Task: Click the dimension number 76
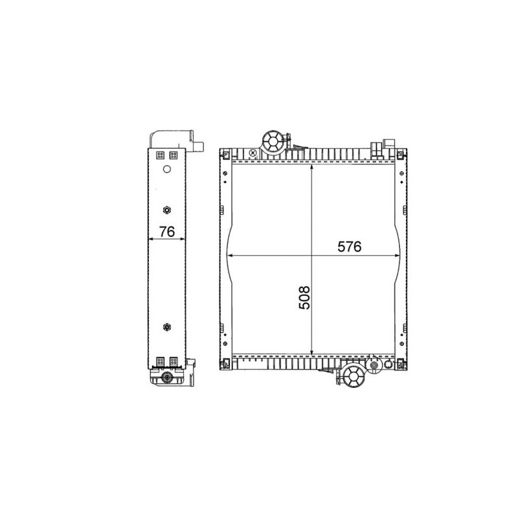tap(167, 232)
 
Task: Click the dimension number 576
tap(350, 247)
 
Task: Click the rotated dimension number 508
tap(304, 298)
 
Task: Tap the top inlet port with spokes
tap(273, 142)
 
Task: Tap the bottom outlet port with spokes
tap(354, 376)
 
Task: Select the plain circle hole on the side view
tap(167, 169)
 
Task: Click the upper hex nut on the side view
tap(167, 210)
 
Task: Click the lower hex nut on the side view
tap(167, 327)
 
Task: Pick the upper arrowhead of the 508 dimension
tap(311, 168)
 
